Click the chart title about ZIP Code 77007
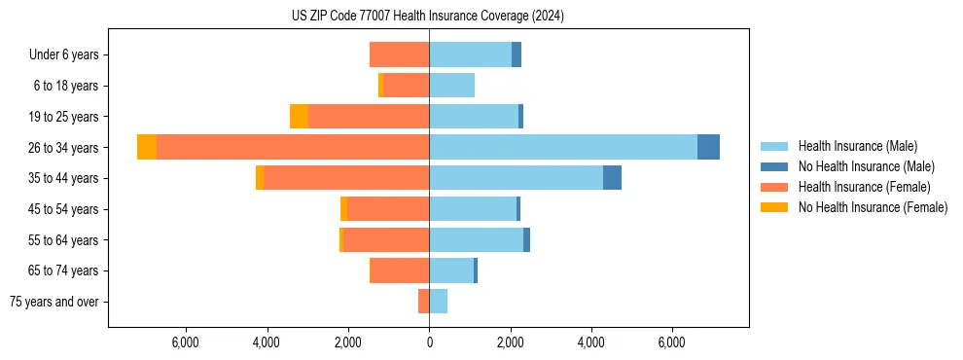[x=428, y=17]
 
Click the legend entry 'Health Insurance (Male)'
[x=857, y=146]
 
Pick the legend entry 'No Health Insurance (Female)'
[x=873, y=207]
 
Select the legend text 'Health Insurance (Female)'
[x=864, y=187]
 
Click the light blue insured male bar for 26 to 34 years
[x=563, y=147]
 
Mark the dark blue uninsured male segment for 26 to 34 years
[x=708, y=147]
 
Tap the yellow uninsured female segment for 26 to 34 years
[x=147, y=147]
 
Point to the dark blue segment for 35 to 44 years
[x=612, y=178]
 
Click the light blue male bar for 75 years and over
[x=438, y=302]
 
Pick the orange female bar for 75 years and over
[x=423, y=302]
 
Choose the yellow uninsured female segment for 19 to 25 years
[x=299, y=117]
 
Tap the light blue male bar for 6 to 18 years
[x=451, y=86]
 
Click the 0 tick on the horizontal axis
[x=429, y=342]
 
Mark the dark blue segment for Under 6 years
[x=517, y=55]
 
